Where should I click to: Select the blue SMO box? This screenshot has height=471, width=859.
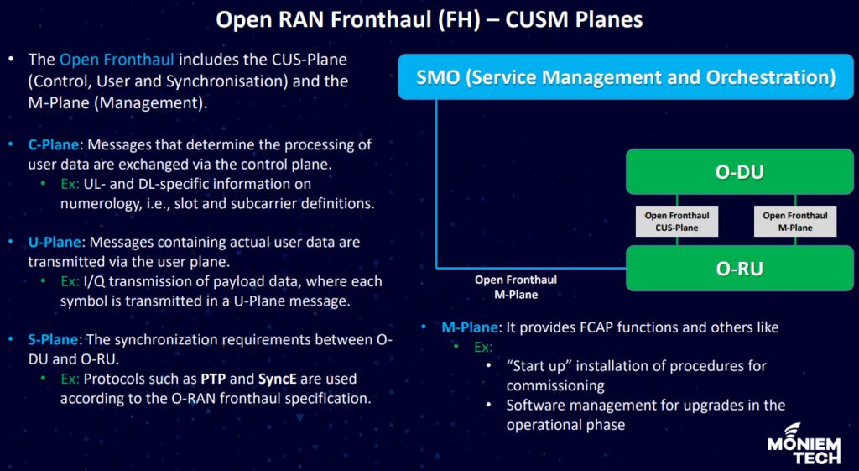tap(626, 78)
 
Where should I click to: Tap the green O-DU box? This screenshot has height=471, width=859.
tap(738, 173)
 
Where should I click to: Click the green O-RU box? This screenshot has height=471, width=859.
tap(738, 269)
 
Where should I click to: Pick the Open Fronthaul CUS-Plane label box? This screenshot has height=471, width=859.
tap(672, 222)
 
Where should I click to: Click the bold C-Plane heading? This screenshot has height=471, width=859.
tap(52, 144)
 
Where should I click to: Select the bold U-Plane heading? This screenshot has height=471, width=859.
tap(52, 242)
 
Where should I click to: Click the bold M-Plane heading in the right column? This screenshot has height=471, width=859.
tap(471, 327)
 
